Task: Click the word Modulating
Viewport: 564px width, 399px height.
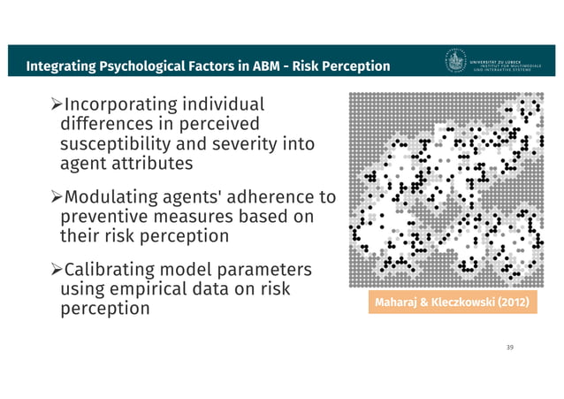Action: [x=120, y=196]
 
